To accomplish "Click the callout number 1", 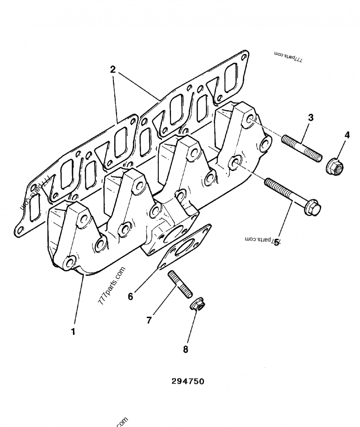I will click(x=73, y=332).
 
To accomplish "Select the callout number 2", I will click(x=112, y=70).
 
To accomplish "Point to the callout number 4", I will click(x=347, y=135).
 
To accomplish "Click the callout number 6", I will click(x=130, y=296).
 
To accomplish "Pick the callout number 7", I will click(x=149, y=320).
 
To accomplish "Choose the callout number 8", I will click(x=185, y=349).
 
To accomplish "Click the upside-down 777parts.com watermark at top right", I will click(x=288, y=56).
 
